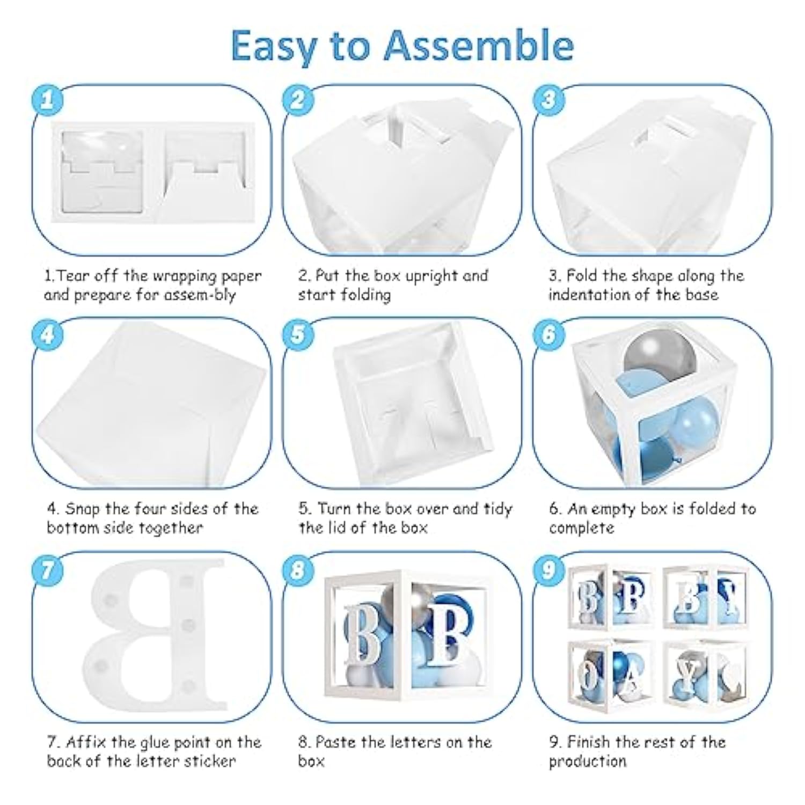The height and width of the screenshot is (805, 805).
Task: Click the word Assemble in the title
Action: (479, 46)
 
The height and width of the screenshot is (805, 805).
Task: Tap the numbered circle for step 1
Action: (47, 100)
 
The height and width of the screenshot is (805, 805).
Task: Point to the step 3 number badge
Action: (548, 100)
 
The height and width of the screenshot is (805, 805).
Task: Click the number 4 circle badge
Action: (47, 335)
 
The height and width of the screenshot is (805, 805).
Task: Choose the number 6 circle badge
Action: (548, 335)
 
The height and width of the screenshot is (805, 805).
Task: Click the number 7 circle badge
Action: (47, 569)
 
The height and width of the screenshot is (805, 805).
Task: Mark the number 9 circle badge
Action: (548, 569)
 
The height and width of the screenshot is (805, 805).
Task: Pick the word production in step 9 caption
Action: (587, 762)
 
